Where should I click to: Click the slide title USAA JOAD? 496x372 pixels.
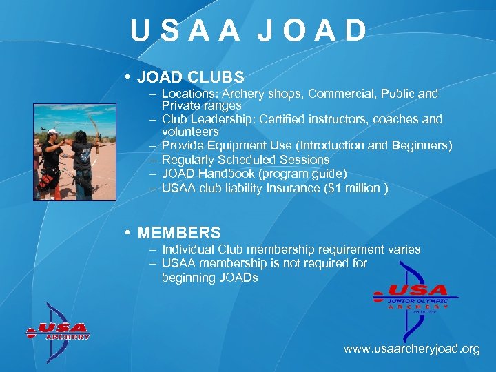point(249,31)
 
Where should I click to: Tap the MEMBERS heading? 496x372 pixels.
point(179,233)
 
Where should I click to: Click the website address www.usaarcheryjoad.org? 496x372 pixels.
point(411,349)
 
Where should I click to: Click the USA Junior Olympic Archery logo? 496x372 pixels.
point(413,296)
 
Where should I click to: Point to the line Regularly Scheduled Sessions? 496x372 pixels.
point(245,159)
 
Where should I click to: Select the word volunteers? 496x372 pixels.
point(190,132)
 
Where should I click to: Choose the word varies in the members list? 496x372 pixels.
point(403,249)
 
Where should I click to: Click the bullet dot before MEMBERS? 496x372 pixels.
point(129,233)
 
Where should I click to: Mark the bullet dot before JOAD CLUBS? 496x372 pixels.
point(129,76)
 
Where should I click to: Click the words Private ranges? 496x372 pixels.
point(201,105)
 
